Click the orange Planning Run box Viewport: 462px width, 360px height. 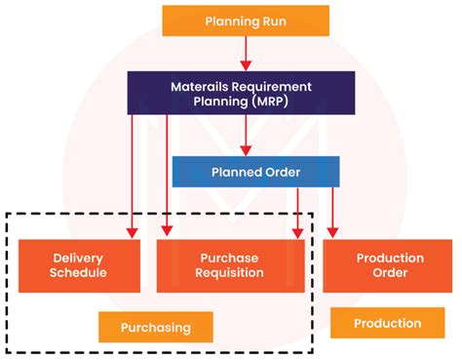pyautogui.click(x=246, y=20)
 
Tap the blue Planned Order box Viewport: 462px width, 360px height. pyautogui.click(x=255, y=172)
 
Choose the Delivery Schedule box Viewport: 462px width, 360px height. pyautogui.click(x=78, y=264)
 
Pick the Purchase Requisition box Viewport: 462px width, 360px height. pyautogui.click(x=231, y=264)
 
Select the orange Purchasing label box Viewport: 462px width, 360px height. pyautogui.click(x=157, y=327)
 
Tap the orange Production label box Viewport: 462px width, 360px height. pyautogui.click(x=387, y=323)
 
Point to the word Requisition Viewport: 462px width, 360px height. pyautogui.click(x=231, y=272)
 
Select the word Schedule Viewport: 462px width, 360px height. pyautogui.click(x=78, y=272)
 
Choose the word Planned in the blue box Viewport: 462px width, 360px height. pyautogui.click(x=233, y=172)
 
